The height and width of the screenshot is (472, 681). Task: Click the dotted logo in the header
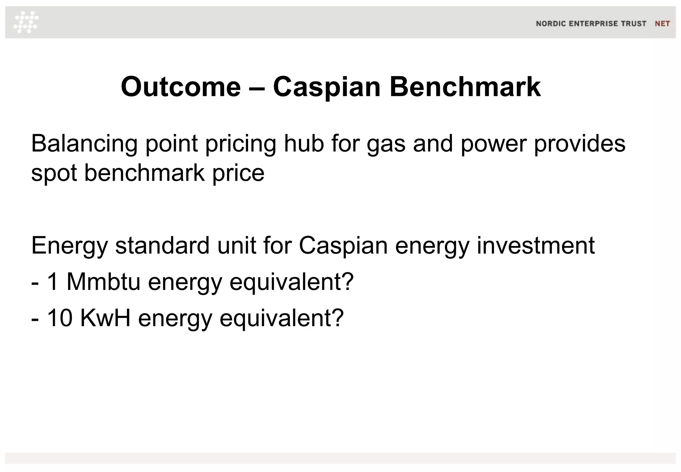(26, 22)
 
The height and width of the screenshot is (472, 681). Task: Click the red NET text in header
(662, 24)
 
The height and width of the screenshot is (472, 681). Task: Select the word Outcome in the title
(181, 87)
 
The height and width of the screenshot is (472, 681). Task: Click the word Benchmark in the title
(465, 87)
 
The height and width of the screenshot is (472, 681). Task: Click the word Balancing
(84, 144)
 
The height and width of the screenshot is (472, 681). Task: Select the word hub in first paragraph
(304, 144)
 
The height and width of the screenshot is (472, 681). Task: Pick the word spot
(54, 174)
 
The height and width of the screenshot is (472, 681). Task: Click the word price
(238, 174)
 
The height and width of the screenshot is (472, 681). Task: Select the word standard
(162, 245)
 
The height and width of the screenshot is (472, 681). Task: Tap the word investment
(535, 245)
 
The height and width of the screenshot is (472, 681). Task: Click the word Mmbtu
(103, 282)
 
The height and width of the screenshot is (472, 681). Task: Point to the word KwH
(105, 318)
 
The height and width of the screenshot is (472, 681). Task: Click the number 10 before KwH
(60, 318)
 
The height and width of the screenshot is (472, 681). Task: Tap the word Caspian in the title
(327, 87)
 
